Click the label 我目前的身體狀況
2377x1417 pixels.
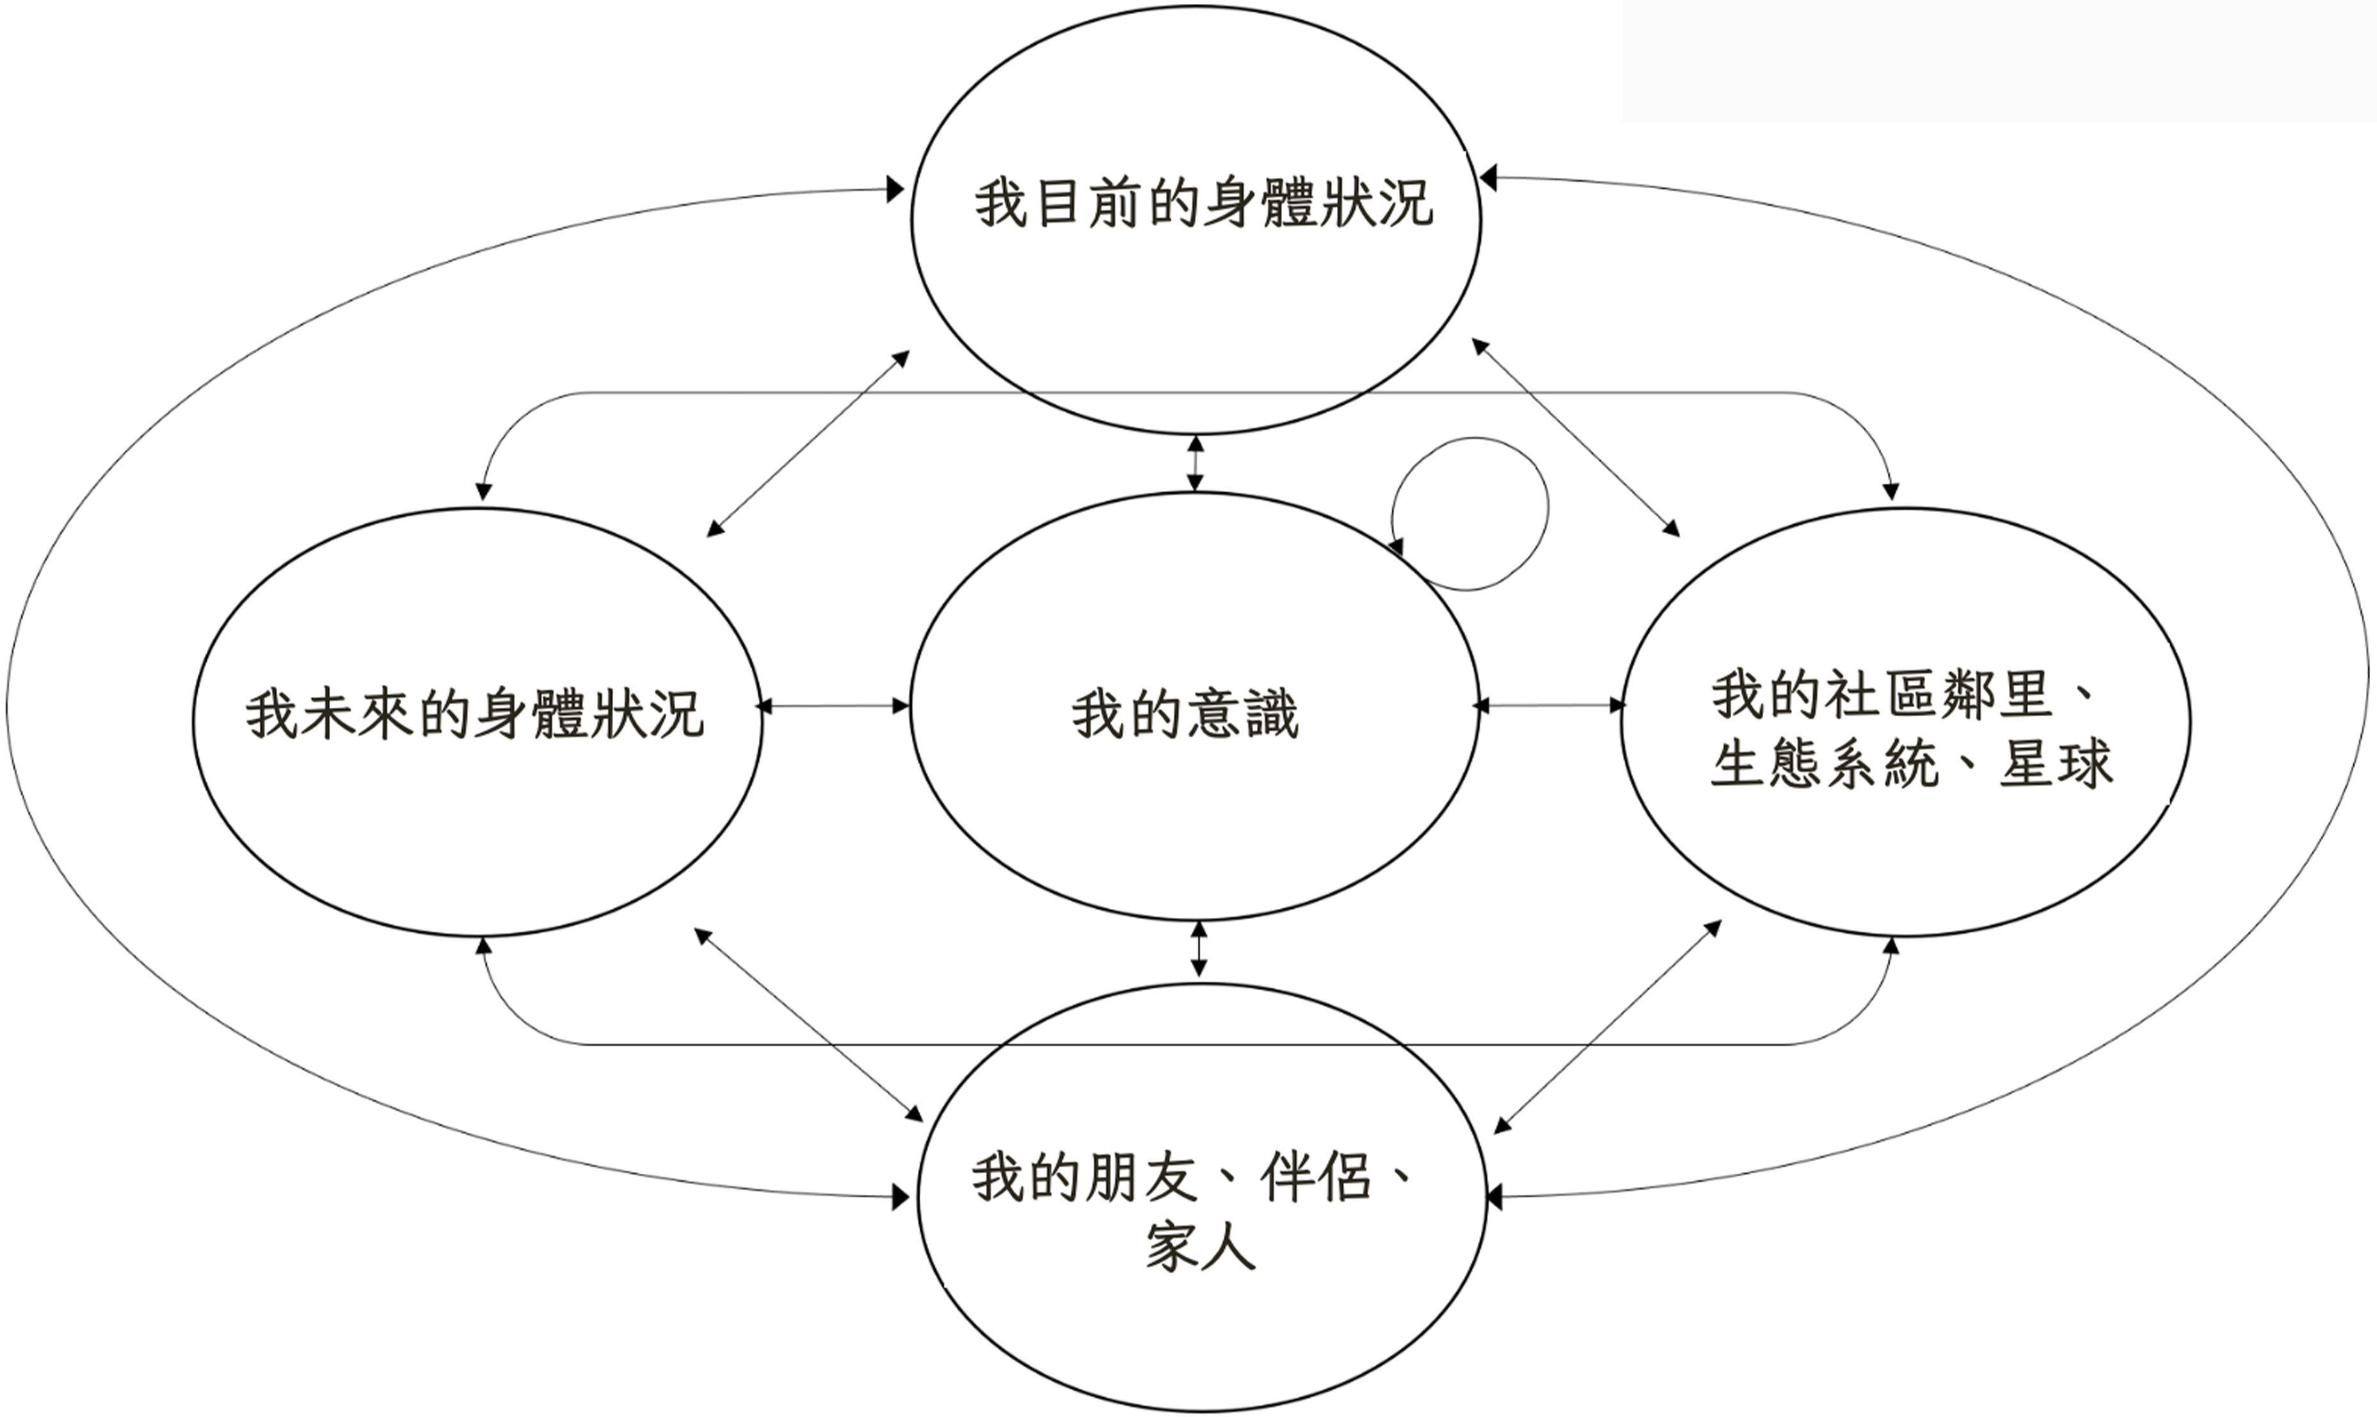[1203, 204]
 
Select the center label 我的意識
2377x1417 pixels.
[1185, 715]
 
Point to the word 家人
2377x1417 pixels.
[1200, 1245]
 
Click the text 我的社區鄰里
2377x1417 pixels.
[1880, 694]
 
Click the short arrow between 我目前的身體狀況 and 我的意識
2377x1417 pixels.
[1195, 464]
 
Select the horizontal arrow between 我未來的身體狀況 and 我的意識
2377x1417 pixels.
[833, 707]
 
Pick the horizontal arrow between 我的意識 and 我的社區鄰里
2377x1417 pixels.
[1550, 706]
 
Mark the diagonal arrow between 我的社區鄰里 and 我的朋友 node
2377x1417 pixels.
[1608, 1027]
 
